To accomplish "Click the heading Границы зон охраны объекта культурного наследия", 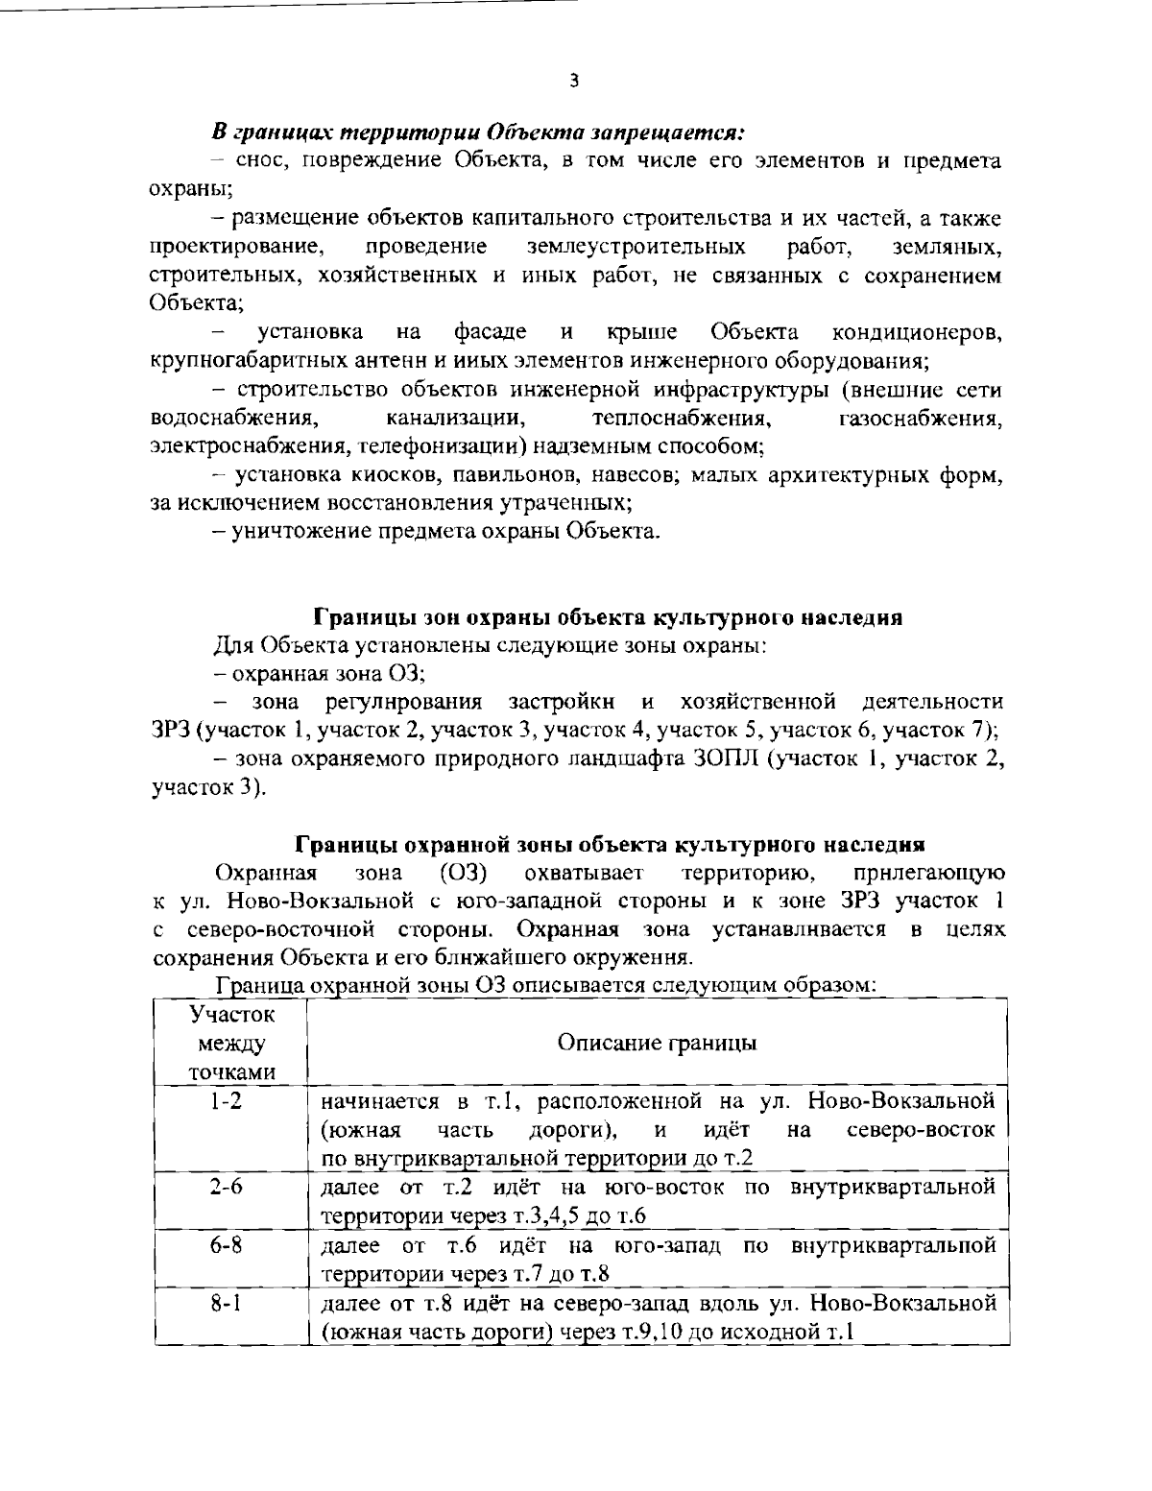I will tap(608, 617).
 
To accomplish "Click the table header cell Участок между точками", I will tap(230, 1044).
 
